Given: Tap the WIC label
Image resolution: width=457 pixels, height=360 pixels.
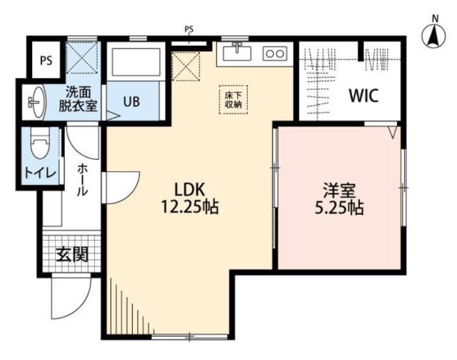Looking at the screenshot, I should (363, 95).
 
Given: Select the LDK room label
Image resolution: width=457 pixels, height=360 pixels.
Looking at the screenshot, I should (191, 190).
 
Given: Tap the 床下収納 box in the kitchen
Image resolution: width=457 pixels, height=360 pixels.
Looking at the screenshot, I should (230, 99).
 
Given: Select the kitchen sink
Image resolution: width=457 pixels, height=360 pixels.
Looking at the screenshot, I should (236, 53).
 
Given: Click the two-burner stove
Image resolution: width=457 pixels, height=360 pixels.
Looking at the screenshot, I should (275, 53).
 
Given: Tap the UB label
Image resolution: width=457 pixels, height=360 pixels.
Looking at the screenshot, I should (131, 101).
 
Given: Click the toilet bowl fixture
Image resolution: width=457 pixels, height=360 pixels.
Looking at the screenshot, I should (39, 146).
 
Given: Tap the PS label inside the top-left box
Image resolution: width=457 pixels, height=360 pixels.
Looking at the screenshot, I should (45, 59).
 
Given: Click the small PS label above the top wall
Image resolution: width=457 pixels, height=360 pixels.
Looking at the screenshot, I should (189, 29).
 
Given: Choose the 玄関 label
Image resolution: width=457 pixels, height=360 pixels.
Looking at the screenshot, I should (71, 254).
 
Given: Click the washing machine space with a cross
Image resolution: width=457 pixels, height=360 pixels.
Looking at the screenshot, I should (81, 56).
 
